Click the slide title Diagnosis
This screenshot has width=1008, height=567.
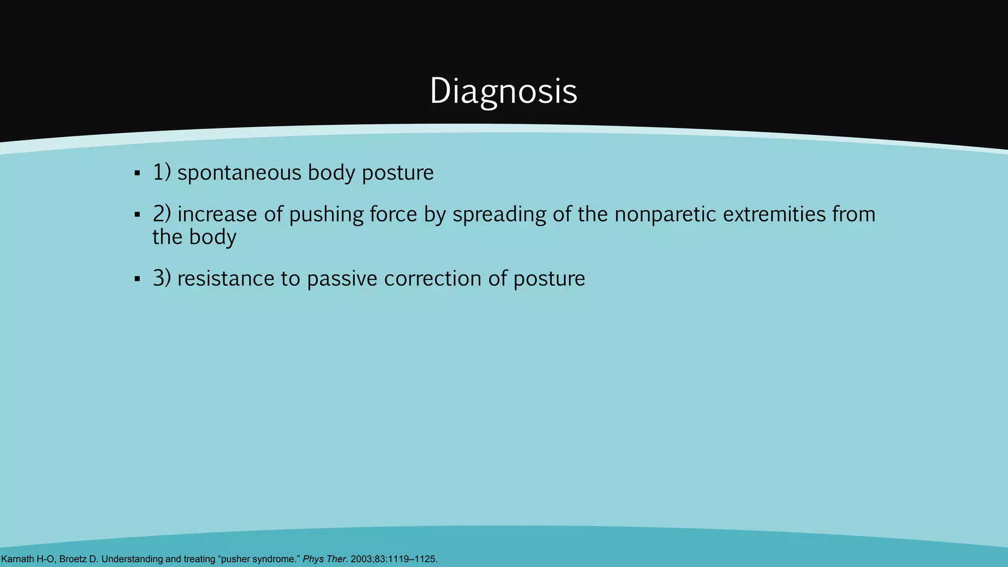(503, 91)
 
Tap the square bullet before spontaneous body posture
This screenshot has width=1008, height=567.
(137, 173)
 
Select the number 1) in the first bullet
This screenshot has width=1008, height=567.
(161, 172)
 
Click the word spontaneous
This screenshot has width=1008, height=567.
(239, 173)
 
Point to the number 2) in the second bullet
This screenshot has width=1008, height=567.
(161, 214)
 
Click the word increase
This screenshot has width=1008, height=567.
(217, 215)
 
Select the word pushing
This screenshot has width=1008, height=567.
(326, 216)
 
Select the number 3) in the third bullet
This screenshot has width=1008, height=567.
(161, 279)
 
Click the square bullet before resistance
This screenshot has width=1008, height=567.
(137, 279)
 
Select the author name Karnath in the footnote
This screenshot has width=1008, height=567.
(18, 559)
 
